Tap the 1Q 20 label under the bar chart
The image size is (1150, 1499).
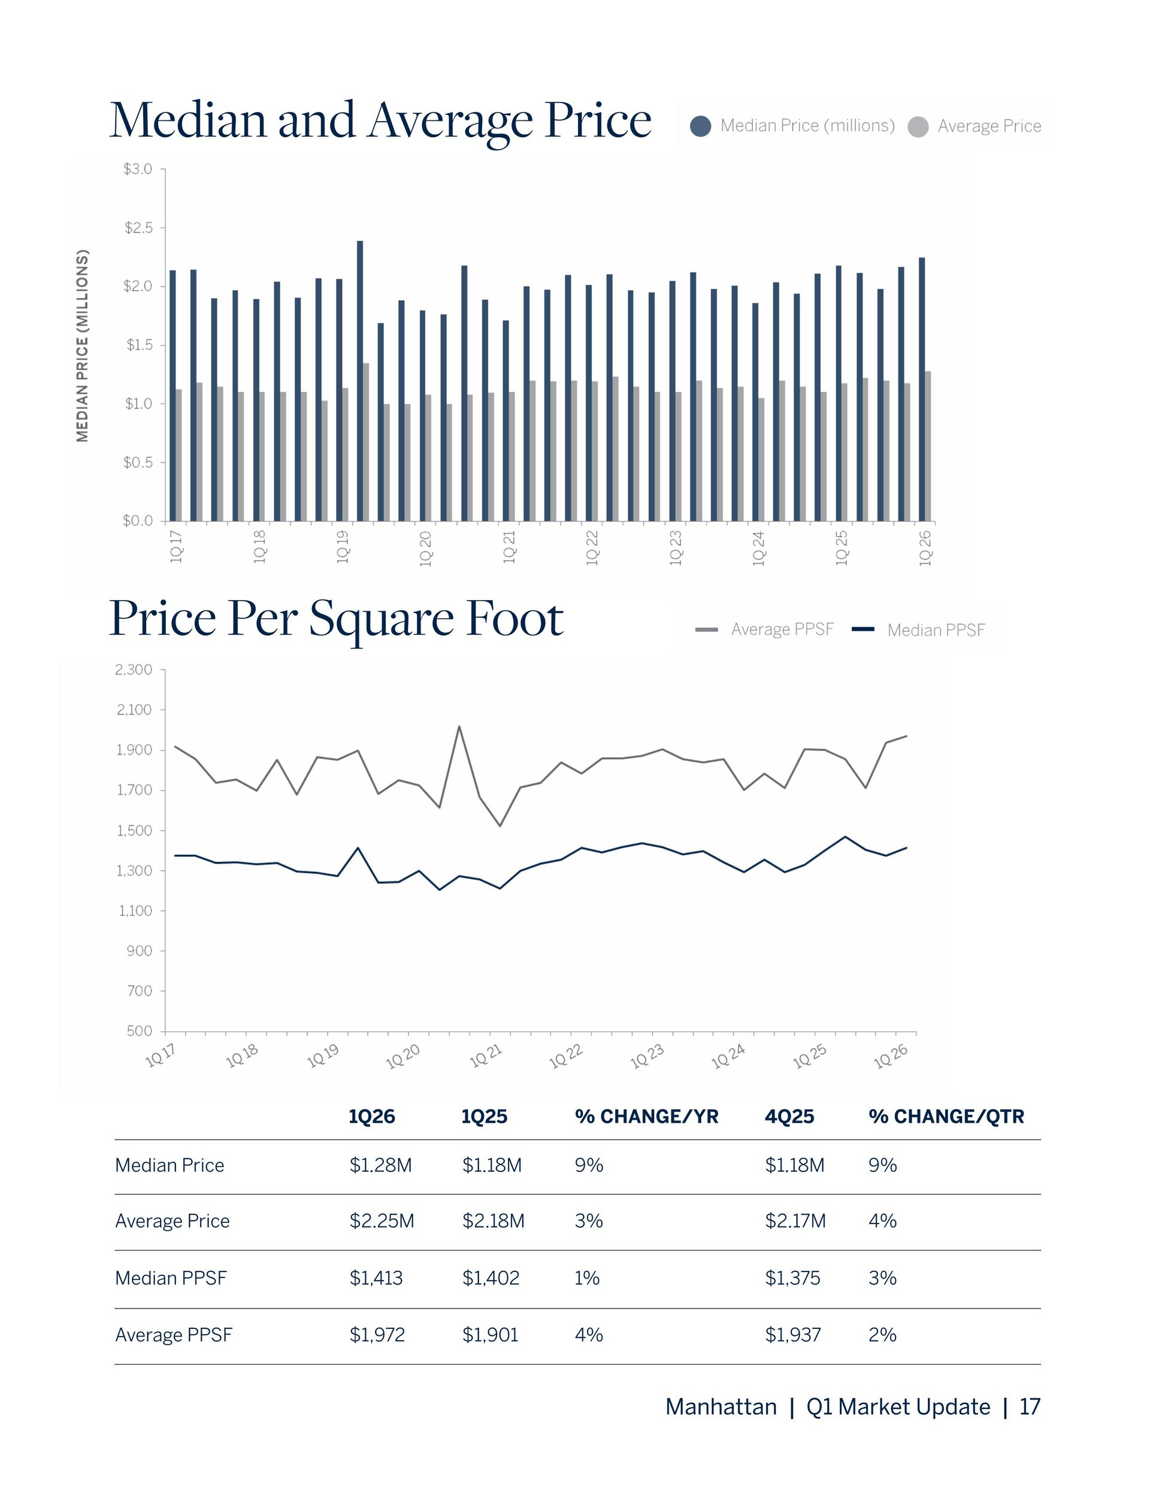(x=426, y=547)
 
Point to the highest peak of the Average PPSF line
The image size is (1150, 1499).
(x=459, y=726)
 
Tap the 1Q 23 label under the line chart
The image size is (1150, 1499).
(x=647, y=1057)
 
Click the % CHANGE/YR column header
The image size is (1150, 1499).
(x=646, y=1116)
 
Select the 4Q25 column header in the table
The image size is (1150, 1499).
(x=789, y=1116)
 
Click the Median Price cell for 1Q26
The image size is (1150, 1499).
(x=380, y=1165)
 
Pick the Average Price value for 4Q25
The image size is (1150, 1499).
(x=795, y=1221)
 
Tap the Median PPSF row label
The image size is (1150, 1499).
(x=171, y=1278)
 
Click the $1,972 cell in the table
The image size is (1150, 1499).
(x=377, y=1334)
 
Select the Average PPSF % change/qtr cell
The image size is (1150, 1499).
(x=882, y=1334)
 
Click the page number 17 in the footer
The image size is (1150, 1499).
(x=1030, y=1407)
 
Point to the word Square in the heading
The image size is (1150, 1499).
(x=382, y=619)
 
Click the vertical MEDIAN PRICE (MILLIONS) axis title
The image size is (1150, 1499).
(x=82, y=346)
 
